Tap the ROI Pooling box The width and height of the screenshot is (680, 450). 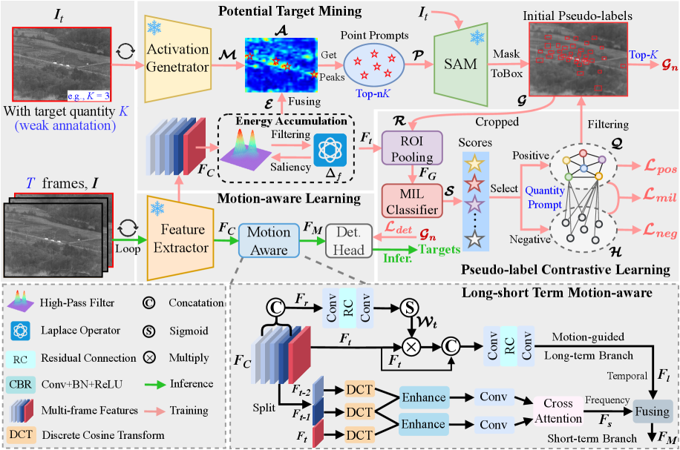pos(411,148)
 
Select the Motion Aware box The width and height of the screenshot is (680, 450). pos(268,240)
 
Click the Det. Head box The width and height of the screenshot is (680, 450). pos(348,241)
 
